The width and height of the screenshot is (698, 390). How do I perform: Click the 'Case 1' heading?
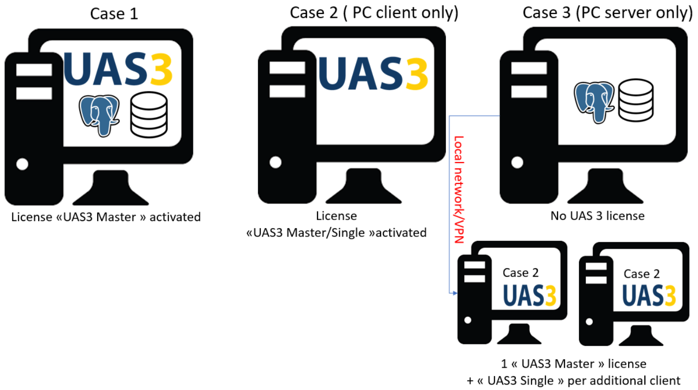pyautogui.click(x=114, y=13)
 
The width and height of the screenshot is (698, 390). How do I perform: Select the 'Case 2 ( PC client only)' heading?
pyautogui.click(x=374, y=13)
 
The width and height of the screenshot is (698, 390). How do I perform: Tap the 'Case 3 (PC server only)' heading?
pyautogui.click(x=607, y=13)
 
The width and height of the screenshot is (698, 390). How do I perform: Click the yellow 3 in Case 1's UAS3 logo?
pyautogui.click(x=160, y=70)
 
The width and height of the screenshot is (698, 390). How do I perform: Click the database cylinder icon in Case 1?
pyautogui.click(x=149, y=115)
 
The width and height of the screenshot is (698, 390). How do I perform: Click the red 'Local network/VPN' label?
pyautogui.click(x=459, y=189)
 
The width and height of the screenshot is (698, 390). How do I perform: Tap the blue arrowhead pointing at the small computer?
pyautogui.click(x=453, y=294)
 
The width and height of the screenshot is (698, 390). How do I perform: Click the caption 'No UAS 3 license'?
pyautogui.click(x=597, y=216)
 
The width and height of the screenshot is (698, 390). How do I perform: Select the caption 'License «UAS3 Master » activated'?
pyautogui.click(x=106, y=217)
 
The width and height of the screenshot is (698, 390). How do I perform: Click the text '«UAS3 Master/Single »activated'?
pyautogui.click(x=336, y=233)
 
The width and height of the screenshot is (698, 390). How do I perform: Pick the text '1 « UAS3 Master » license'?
pyautogui.click(x=573, y=364)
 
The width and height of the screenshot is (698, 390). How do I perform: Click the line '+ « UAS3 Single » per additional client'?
pyautogui.click(x=573, y=381)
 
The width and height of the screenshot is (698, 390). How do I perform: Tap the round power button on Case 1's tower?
pyautogui.click(x=22, y=163)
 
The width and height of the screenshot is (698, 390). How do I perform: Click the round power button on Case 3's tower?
pyautogui.click(x=517, y=162)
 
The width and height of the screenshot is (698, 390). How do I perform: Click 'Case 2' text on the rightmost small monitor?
pyautogui.click(x=641, y=274)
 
